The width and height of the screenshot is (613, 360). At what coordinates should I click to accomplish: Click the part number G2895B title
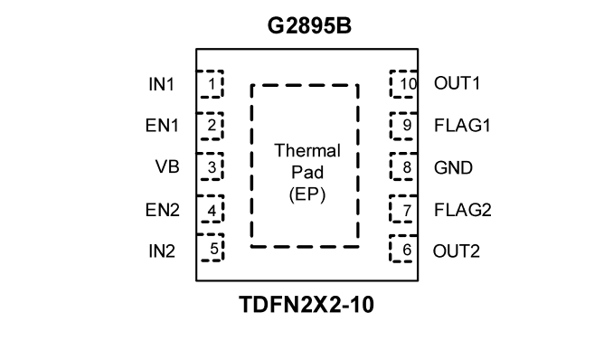click(309, 26)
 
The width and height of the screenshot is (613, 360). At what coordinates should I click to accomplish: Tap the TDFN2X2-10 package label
click(306, 305)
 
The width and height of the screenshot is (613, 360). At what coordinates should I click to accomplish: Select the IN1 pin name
click(162, 84)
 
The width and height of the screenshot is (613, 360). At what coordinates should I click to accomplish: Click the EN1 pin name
click(162, 126)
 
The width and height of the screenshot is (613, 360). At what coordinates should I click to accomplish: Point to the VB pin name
click(167, 166)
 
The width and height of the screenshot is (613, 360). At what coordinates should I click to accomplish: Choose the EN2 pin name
click(162, 210)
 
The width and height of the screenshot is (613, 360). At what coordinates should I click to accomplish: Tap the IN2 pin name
click(162, 251)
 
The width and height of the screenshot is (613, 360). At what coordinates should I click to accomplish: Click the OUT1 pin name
click(457, 83)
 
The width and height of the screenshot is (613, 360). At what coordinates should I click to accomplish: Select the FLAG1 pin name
click(463, 126)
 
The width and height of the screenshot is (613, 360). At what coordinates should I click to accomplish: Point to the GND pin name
click(454, 168)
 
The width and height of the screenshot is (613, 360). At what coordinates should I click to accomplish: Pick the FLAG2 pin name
click(463, 210)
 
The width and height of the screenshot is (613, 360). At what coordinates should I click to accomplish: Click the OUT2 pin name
click(457, 251)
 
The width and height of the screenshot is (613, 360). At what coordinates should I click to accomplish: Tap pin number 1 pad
click(210, 84)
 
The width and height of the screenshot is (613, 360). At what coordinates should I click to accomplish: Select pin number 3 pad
click(210, 166)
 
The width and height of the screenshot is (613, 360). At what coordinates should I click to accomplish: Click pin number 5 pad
click(210, 248)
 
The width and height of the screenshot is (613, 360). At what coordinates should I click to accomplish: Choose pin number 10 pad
click(404, 84)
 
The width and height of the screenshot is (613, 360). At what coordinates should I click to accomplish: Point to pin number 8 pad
click(404, 167)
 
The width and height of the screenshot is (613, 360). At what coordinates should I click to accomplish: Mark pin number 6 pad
click(404, 249)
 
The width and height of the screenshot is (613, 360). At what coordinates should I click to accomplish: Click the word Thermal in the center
click(307, 151)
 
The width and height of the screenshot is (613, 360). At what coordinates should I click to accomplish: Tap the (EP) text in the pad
click(307, 194)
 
